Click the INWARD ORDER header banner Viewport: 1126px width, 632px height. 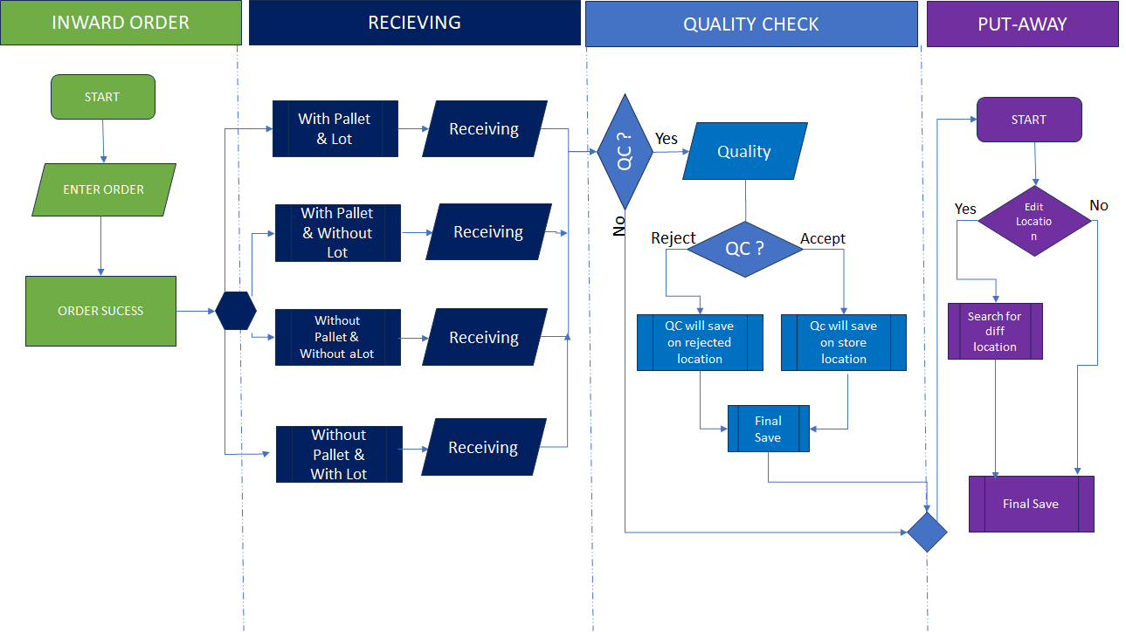click(121, 23)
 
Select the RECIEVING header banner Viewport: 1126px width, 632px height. click(414, 23)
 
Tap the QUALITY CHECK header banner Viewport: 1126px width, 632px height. click(750, 24)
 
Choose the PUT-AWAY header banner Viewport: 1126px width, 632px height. click(1022, 24)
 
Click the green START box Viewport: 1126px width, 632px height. click(103, 97)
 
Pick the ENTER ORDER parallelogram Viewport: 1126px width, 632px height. click(103, 189)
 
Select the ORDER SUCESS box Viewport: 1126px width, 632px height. click(100, 311)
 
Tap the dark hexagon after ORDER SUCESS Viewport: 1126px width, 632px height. click(236, 311)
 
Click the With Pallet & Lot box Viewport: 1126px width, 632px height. click(335, 129)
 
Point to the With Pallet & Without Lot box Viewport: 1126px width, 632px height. click(337, 233)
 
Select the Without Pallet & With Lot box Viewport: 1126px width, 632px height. click(339, 454)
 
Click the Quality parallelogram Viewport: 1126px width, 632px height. click(744, 152)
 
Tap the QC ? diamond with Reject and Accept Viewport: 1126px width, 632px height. click(744, 249)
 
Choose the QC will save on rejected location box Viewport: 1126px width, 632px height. click(700, 342)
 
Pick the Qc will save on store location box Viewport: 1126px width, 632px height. click(843, 342)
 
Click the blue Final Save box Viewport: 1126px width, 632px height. click(768, 429)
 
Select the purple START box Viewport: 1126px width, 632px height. click(1028, 120)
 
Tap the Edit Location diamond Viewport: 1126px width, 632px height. click(1033, 221)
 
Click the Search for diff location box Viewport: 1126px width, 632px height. click(995, 331)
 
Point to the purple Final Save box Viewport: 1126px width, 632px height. click(1031, 504)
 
